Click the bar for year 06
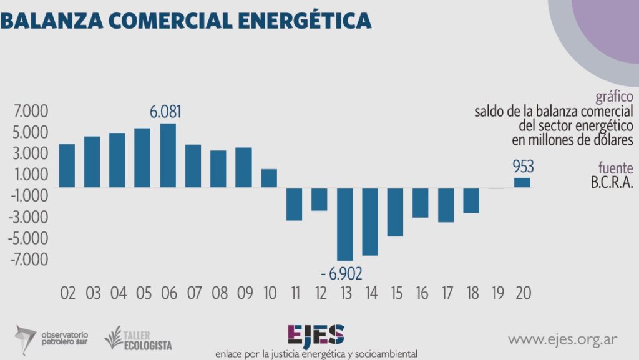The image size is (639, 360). click(168, 155)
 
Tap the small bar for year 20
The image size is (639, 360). click(522, 182)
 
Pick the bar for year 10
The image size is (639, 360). click(269, 178)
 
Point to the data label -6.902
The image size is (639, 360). click(341, 273)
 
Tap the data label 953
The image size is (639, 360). click(523, 167)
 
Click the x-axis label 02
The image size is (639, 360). click(67, 293)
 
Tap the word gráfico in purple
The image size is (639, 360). click(615, 97)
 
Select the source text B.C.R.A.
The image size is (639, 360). click(611, 183)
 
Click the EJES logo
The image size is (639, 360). click(315, 335)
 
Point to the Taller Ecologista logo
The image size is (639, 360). click(139, 338)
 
